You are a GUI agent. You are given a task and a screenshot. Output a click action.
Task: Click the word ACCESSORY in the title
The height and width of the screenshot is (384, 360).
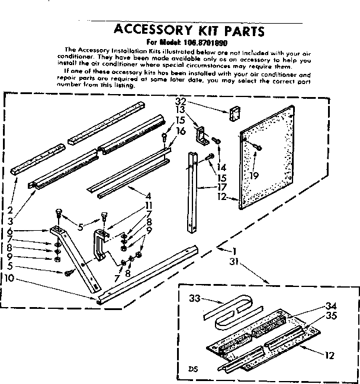(x=150, y=30)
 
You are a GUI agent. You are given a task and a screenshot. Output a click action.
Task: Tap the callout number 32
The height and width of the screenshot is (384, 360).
(x=181, y=102)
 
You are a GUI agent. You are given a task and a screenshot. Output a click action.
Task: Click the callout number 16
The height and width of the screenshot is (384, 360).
(x=181, y=130)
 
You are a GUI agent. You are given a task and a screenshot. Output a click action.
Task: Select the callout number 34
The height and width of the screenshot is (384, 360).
(x=330, y=305)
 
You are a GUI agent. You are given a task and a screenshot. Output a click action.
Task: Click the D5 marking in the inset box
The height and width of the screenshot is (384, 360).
(x=193, y=368)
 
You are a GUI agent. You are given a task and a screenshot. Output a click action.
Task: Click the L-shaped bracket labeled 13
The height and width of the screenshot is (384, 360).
(x=201, y=135)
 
